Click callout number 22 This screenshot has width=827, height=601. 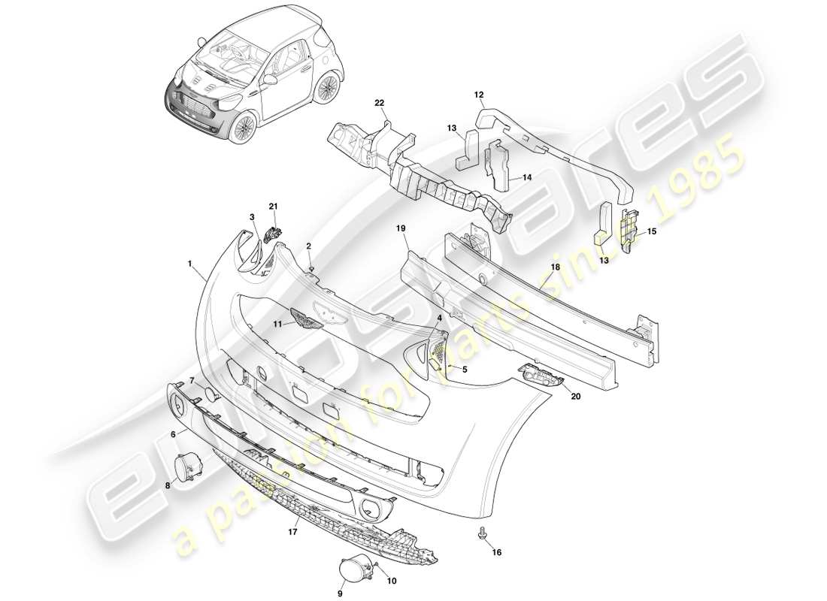click(x=380, y=102)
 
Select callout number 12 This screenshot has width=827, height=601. click(x=478, y=95)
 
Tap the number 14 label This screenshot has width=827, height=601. click(x=526, y=178)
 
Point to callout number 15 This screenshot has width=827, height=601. click(x=652, y=231)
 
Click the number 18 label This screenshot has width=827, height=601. click(x=556, y=266)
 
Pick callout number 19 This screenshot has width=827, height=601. click(x=401, y=227)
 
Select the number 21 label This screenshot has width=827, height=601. click(x=273, y=206)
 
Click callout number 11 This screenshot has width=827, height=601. click(x=277, y=324)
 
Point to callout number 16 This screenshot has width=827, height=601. click(x=496, y=552)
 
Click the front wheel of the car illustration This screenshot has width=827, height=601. click(x=242, y=128)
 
